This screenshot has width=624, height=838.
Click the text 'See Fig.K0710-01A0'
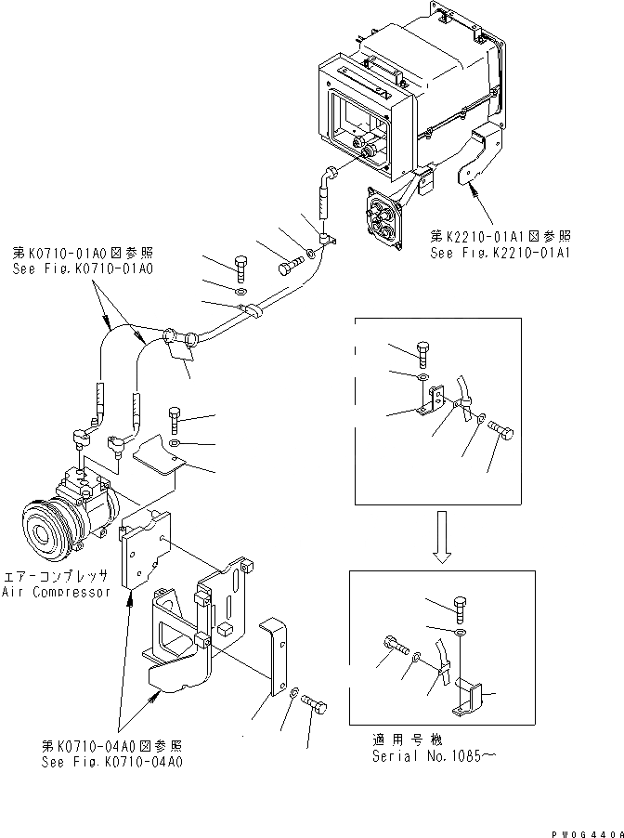tap(83, 268)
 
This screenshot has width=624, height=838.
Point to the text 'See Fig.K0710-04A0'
tap(110, 761)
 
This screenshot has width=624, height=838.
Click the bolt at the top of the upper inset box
tap(424, 354)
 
